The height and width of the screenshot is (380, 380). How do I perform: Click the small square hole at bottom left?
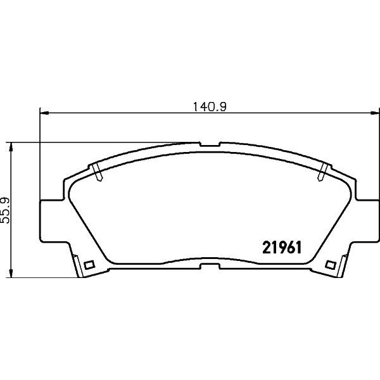(x=89, y=265)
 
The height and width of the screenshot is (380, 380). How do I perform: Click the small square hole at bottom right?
(x=329, y=265)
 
